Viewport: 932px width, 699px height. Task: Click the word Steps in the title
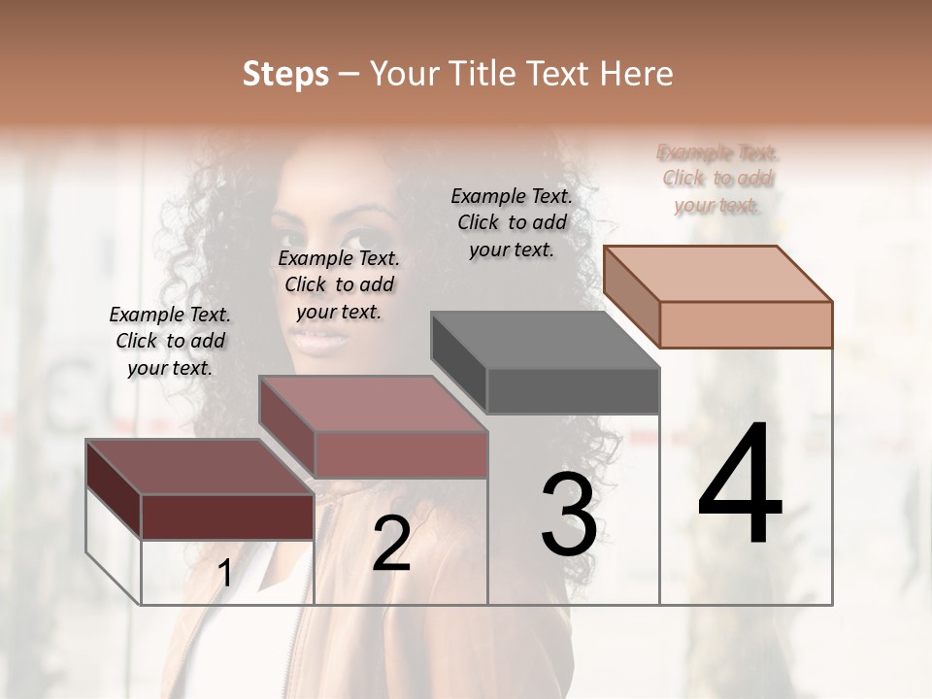click(285, 74)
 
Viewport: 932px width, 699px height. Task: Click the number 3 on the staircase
click(569, 515)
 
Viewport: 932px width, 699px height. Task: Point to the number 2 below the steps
click(391, 544)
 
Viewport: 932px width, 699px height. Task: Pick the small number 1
click(224, 574)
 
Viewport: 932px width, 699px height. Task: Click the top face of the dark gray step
click(544, 341)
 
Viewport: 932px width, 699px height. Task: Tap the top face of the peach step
click(716, 274)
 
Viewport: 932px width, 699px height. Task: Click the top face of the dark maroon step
click(199, 468)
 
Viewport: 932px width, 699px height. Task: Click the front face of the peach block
click(746, 324)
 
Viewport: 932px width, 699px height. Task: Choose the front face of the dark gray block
click(573, 391)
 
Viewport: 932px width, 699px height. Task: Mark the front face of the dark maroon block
click(227, 516)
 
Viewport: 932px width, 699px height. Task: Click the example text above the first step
click(170, 341)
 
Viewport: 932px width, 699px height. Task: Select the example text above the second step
click(339, 284)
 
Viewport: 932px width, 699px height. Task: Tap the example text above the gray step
click(512, 222)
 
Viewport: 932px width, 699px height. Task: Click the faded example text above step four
click(717, 179)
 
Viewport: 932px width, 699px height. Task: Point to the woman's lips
click(320, 341)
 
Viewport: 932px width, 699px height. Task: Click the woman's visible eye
click(364, 238)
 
